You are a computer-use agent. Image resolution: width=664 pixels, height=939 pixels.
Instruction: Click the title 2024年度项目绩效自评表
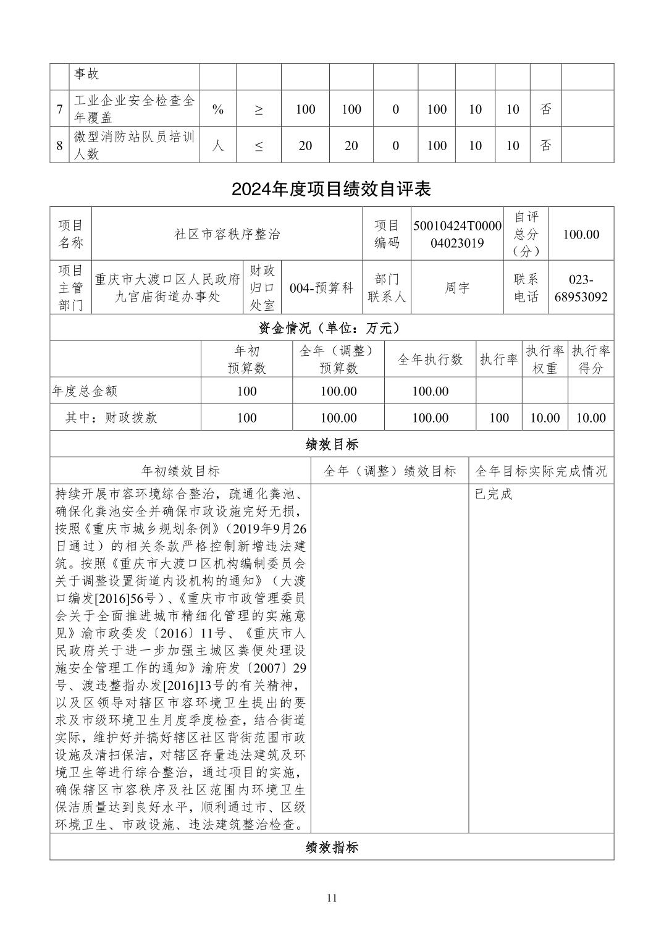[x=331, y=189]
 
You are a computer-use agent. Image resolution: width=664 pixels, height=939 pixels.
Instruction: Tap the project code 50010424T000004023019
[x=457, y=234]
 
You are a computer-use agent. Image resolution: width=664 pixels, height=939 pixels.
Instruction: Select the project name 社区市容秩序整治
[x=227, y=234]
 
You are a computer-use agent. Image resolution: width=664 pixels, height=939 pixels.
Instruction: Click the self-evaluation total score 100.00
[x=581, y=234]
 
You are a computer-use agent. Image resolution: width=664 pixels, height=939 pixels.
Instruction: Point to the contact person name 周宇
[x=457, y=288]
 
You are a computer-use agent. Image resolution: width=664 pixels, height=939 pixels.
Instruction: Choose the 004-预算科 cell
[x=321, y=288]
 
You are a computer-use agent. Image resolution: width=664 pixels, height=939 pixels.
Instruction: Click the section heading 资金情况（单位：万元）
[x=331, y=328]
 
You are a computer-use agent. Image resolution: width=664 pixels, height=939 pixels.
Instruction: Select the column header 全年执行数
[x=430, y=360]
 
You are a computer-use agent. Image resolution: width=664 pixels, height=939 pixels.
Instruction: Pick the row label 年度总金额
[x=85, y=391]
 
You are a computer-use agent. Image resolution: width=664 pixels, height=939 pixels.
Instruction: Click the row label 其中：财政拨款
[x=111, y=418]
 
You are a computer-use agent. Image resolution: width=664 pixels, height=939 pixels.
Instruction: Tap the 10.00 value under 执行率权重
[x=545, y=418]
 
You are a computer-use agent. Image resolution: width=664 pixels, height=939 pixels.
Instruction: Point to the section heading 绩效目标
[x=331, y=444]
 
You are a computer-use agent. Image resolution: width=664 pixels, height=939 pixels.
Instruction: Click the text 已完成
[x=494, y=494]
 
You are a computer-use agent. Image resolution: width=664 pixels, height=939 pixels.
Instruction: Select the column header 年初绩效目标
[x=180, y=471]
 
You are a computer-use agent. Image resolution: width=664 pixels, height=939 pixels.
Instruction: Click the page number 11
[x=332, y=898]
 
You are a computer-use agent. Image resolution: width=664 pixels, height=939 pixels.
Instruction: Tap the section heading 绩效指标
[x=331, y=847]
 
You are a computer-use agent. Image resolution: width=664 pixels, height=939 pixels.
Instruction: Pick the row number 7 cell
[x=59, y=109]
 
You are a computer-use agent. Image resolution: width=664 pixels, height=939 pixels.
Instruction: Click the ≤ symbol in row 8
[x=259, y=146]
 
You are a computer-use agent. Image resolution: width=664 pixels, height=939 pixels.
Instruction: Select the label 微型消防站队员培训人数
[x=134, y=146]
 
